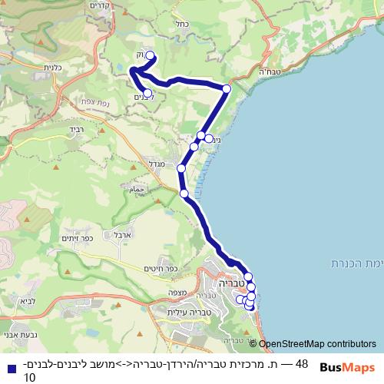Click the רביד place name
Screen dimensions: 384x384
(82, 129)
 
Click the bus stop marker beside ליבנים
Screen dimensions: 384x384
(147, 93)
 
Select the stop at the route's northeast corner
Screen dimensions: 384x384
(227, 89)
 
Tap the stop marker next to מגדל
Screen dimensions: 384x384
(181, 168)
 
